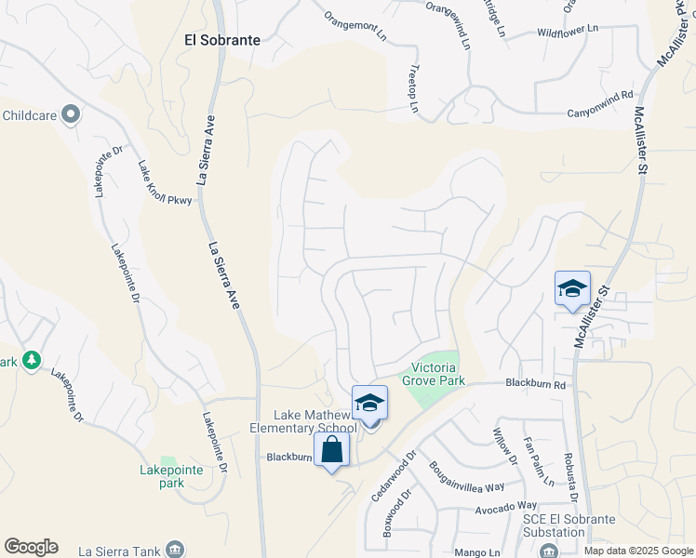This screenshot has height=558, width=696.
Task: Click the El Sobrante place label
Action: pos(221,41)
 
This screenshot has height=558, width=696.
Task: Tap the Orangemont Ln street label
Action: pos(355,27)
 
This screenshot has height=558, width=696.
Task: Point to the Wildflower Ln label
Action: pos(568,31)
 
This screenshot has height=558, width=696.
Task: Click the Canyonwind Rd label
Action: pos(600,94)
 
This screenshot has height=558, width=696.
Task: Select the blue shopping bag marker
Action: pos(332,451)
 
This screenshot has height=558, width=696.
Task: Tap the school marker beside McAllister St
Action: pos(572,288)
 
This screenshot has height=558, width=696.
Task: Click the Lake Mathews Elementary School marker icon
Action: pos(369,404)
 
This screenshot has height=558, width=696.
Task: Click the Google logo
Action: pos(31,547)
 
